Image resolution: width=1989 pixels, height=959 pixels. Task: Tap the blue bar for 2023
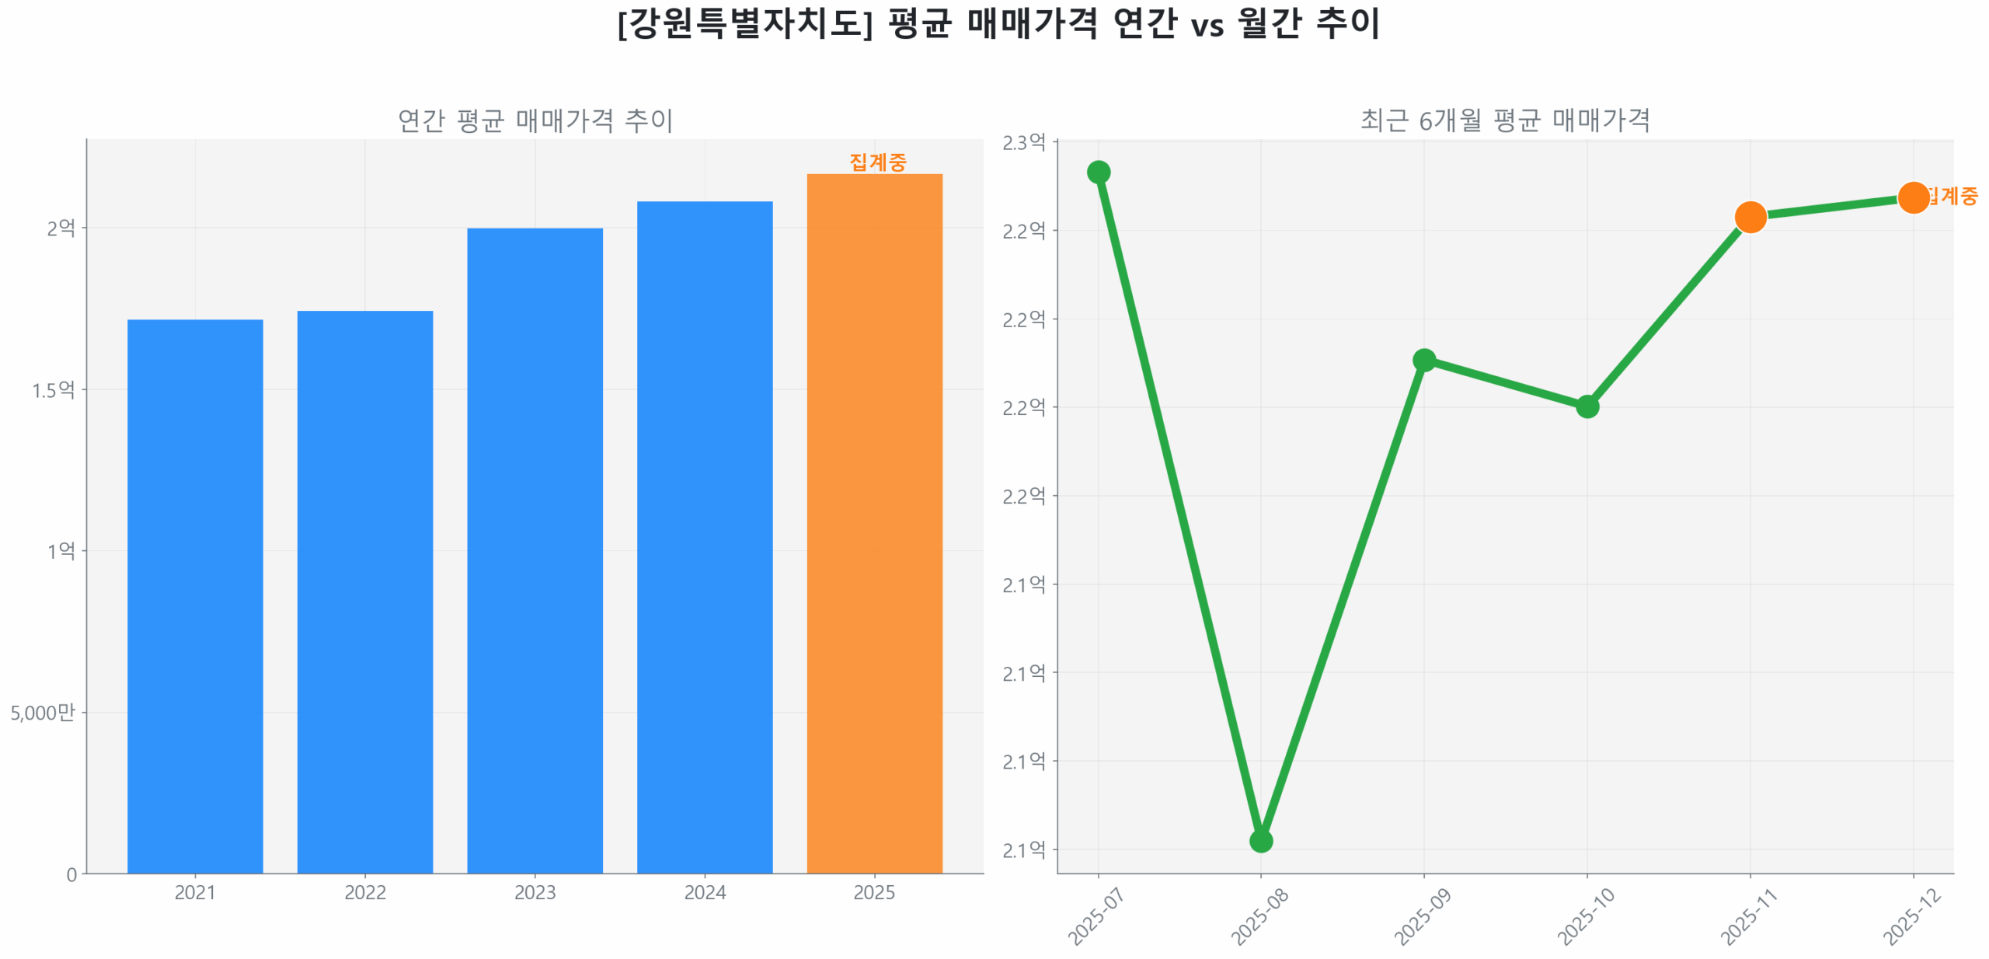pyautogui.click(x=535, y=549)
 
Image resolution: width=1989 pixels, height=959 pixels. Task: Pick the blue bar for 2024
pyautogui.click(x=704, y=536)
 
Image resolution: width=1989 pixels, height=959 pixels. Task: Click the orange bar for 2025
pyautogui.click(x=874, y=522)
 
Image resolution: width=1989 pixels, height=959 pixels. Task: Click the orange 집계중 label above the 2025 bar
pyautogui.click(x=877, y=162)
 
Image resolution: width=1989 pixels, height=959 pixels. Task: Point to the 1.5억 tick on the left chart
pyautogui.click(x=54, y=389)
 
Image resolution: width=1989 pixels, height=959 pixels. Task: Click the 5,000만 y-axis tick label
pyautogui.click(x=43, y=712)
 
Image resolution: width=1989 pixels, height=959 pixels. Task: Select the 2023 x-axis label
pyautogui.click(x=535, y=892)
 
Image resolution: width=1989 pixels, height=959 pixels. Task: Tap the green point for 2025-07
pyautogui.click(x=1098, y=172)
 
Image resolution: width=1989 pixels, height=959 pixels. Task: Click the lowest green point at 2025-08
pyautogui.click(x=1260, y=840)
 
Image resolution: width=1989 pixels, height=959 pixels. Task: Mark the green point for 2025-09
pyautogui.click(x=1423, y=360)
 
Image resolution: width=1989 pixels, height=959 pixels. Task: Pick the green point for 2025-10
pyautogui.click(x=1587, y=406)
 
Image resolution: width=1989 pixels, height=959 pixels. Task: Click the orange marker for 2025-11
pyautogui.click(x=1750, y=217)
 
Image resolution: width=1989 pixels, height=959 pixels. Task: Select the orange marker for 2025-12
pyautogui.click(x=1913, y=197)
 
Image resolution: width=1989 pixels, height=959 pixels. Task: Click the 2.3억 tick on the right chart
pyautogui.click(x=1023, y=142)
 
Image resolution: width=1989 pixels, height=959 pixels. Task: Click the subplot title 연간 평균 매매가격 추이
pyautogui.click(x=535, y=120)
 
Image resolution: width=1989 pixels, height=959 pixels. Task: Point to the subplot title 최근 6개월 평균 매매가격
pyautogui.click(x=1505, y=120)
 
